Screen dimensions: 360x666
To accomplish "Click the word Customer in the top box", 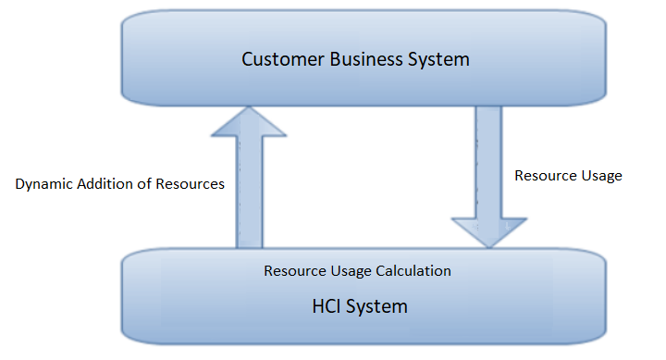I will click(x=278, y=59).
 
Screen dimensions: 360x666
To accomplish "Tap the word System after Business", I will click(x=438, y=59).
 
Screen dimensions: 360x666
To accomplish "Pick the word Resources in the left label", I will click(x=189, y=184).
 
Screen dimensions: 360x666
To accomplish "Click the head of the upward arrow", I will click(x=249, y=120).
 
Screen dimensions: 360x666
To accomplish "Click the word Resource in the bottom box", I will click(x=294, y=271).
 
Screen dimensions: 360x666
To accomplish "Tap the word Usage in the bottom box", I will click(x=351, y=271).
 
